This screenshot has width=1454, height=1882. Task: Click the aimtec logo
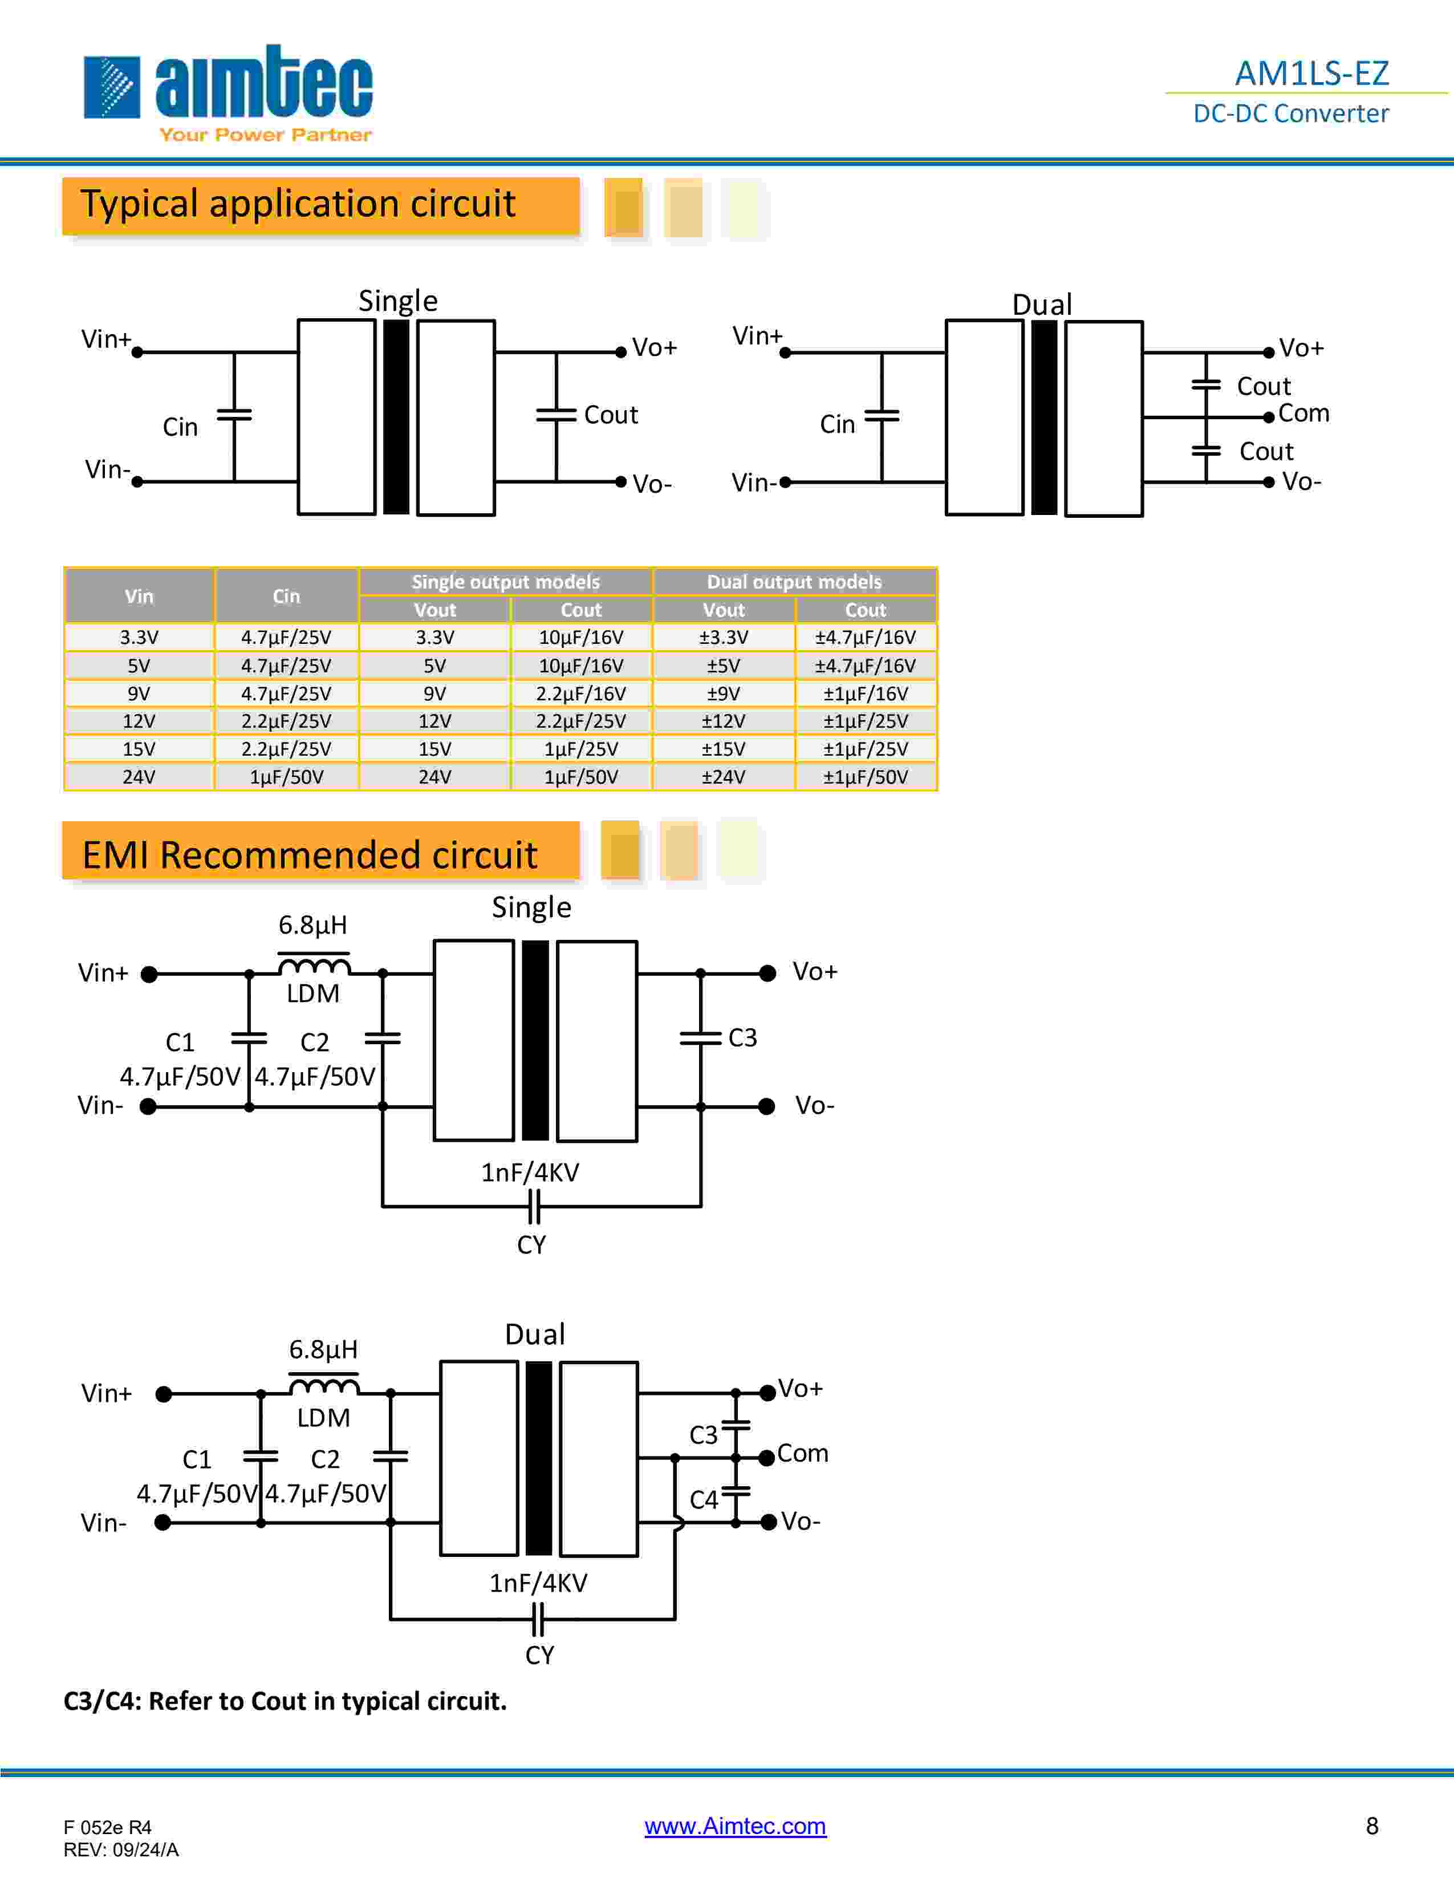228,92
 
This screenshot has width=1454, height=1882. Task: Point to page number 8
1372,1825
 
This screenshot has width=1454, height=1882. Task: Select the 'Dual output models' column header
794,582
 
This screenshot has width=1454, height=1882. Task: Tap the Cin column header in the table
286,595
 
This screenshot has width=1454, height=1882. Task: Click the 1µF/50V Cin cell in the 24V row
286,776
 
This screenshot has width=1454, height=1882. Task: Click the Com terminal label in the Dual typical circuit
1303,413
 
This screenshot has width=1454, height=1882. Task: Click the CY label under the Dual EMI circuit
539,1654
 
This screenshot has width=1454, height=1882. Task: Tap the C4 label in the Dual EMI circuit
704,1499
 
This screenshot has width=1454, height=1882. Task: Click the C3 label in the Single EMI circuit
742,1037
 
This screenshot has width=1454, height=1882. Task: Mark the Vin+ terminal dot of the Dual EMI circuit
164,1393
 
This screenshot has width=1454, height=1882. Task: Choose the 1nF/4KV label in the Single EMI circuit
530,1172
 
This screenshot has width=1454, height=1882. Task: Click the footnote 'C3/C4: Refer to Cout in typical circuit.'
285,1700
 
